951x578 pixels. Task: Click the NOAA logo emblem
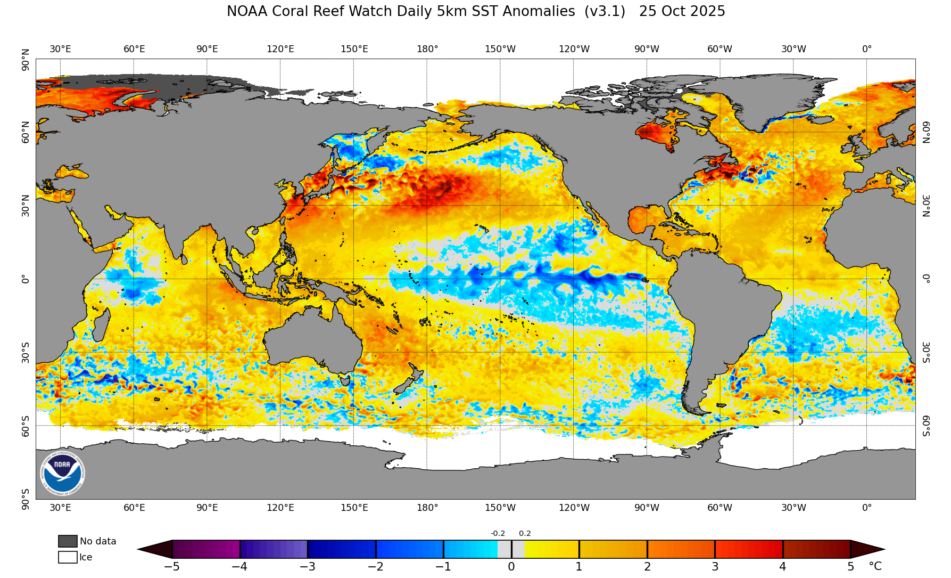coord(62,473)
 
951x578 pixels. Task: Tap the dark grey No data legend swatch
coord(68,541)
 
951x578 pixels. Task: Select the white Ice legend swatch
coord(68,557)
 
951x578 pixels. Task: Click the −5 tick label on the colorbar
coord(171,567)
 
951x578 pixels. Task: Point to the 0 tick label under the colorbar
coord(511,567)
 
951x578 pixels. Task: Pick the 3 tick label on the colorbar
coord(715,567)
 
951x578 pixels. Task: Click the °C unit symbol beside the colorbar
coord(875,567)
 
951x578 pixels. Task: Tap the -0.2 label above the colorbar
coord(498,533)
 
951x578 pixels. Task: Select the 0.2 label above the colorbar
coord(525,533)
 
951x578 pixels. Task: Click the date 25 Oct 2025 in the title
coord(682,11)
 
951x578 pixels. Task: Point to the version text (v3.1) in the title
coord(605,11)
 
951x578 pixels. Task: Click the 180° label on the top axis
coord(427,49)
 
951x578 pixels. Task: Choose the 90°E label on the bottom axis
coord(207,508)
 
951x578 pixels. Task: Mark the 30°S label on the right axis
coord(926,352)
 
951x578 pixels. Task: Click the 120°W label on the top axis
coord(574,49)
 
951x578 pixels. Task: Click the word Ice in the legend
coord(86,557)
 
